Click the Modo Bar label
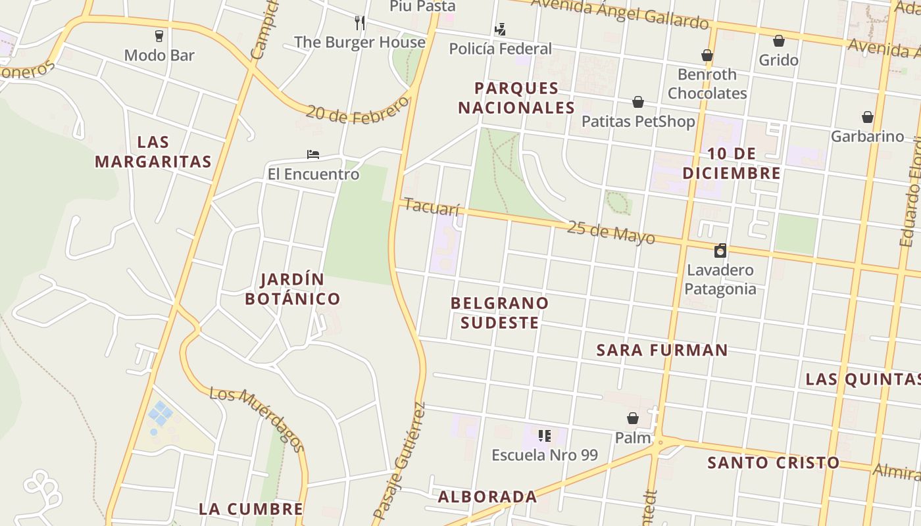(159, 55)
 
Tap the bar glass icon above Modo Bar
(159, 36)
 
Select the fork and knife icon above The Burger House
(359, 22)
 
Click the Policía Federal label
(500, 49)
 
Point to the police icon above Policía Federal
(500, 29)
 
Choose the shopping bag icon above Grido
(778, 41)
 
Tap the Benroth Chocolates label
(707, 84)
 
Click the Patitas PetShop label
(637, 122)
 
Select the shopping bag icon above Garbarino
(868, 117)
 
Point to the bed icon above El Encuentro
(313, 155)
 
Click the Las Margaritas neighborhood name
(153, 152)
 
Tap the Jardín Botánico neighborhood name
(293, 289)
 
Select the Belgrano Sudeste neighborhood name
(499, 313)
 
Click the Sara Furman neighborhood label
(662, 350)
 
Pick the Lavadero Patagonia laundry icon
(720, 251)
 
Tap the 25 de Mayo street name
(611, 232)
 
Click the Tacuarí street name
(432, 207)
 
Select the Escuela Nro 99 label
(544, 455)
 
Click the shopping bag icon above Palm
(632, 418)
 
